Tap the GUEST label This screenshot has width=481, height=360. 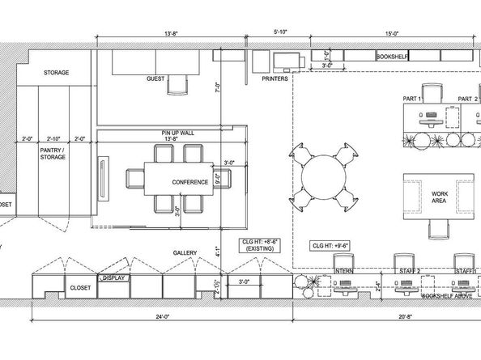point(155,79)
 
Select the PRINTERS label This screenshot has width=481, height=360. point(277,80)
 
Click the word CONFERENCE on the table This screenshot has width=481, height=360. point(190,182)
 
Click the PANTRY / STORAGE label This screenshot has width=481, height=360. point(53,155)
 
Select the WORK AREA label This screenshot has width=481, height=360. point(440,198)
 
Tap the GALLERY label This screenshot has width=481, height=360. point(185,253)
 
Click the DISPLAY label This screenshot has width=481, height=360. point(114,277)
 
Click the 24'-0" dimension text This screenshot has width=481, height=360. point(163,317)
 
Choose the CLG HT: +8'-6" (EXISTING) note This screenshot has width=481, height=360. point(258,245)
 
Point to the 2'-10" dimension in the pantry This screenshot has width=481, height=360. point(54,138)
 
